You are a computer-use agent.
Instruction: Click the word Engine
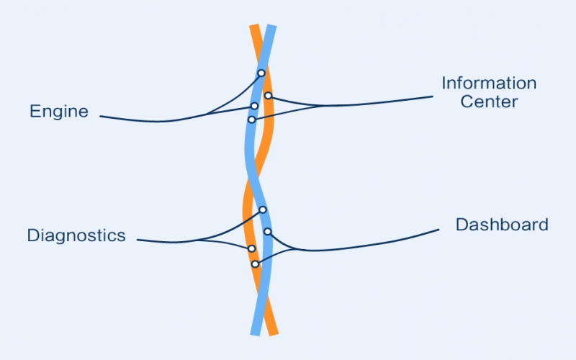pyautogui.click(x=59, y=112)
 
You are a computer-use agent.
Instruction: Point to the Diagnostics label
pyautogui.click(x=76, y=235)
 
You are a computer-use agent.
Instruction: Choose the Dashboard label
pyautogui.click(x=502, y=225)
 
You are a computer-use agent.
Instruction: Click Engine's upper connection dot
pyautogui.click(x=261, y=73)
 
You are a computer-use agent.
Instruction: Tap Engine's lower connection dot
pyautogui.click(x=254, y=106)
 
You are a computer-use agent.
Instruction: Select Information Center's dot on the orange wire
pyautogui.click(x=268, y=96)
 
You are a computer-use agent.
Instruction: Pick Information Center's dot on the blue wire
pyautogui.click(x=251, y=120)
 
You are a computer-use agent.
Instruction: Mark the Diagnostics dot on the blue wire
pyautogui.click(x=263, y=210)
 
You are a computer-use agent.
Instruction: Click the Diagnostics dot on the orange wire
pyautogui.click(x=251, y=248)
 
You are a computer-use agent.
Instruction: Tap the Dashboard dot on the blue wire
pyautogui.click(x=267, y=231)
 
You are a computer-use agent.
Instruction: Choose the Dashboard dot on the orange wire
pyautogui.click(x=255, y=264)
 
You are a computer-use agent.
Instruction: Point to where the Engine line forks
pyautogui.click(x=205, y=114)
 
